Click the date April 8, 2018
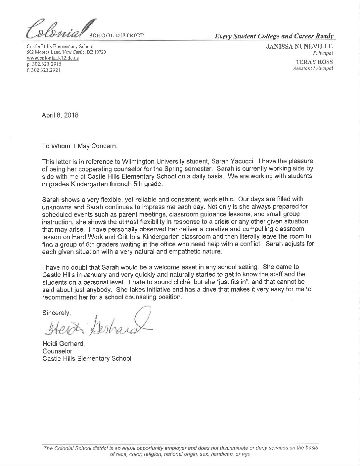pyautogui.click(x=60, y=116)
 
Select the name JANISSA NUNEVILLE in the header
pyautogui.click(x=299, y=47)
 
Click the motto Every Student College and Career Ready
pyautogui.click(x=274, y=36)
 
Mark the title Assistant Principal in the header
pyautogui.click(x=312, y=69)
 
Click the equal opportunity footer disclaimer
pyautogui.click(x=181, y=451)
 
